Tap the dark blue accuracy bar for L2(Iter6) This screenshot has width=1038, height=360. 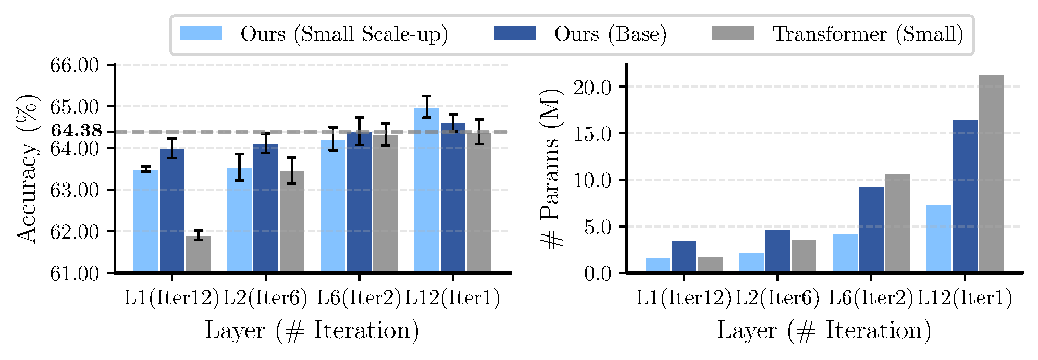[x=266, y=208]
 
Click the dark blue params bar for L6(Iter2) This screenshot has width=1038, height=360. [x=871, y=229]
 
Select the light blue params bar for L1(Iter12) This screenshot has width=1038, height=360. [x=658, y=265]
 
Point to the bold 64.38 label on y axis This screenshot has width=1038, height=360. [x=77, y=131]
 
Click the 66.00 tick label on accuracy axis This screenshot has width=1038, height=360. [x=75, y=65]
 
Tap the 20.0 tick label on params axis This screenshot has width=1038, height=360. [x=592, y=87]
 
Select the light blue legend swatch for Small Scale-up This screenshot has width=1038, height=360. [x=201, y=33]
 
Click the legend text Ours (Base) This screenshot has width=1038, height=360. [x=610, y=34]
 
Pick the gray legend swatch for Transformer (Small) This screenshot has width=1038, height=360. [x=733, y=33]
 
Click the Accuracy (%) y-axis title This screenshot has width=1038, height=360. [x=27, y=169]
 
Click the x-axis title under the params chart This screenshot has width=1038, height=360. [x=824, y=331]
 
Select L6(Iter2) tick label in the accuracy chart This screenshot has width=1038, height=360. [x=359, y=298]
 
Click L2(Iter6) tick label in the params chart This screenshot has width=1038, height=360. [x=777, y=298]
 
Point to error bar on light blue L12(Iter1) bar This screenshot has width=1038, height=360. [x=427, y=107]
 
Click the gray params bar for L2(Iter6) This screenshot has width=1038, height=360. [x=804, y=256]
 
